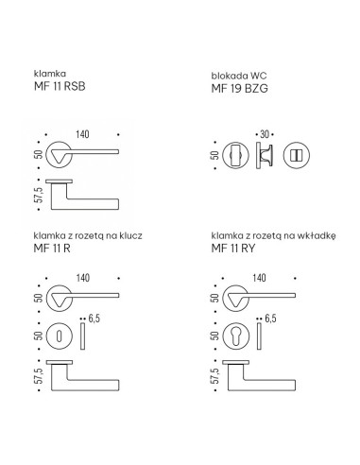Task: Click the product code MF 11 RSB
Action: point(60,86)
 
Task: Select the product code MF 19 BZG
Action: point(239,88)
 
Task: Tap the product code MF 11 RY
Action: point(233,249)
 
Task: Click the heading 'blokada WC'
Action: point(239,76)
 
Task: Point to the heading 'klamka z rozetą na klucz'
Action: point(88,235)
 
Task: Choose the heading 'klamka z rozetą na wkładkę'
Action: point(273,235)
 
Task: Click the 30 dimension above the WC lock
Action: point(265,134)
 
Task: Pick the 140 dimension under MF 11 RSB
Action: point(82,134)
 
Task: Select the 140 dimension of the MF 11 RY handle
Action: point(259,278)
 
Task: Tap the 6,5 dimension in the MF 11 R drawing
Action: point(94,319)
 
